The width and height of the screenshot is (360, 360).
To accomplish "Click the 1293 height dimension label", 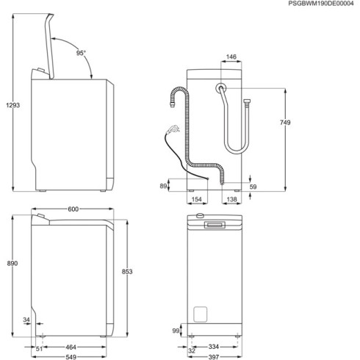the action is pos(12,105).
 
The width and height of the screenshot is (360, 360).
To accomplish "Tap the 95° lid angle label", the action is pos(81,53).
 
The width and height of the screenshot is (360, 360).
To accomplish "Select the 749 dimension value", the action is pos(285,122).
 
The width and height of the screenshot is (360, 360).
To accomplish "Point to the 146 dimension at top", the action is pos(231,57).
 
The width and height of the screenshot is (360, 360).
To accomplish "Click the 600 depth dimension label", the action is pos(73,209).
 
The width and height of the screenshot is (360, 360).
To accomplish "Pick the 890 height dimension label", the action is pos(12,263).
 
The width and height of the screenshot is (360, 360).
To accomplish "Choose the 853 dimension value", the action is pos(127,271).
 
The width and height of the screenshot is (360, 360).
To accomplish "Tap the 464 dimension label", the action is pos(71,347).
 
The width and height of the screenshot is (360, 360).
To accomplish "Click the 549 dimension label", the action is pos(71,357).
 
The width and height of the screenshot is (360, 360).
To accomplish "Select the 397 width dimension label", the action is pos(214,357).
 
